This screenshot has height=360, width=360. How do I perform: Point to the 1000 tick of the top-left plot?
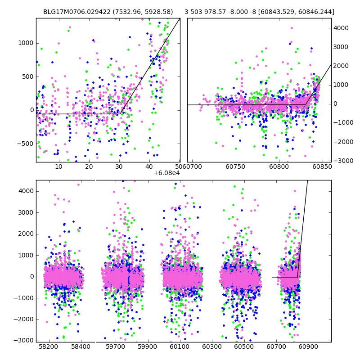pos(27,43)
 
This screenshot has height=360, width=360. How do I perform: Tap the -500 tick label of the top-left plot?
pos(26,144)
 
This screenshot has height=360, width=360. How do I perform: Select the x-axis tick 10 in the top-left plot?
pos(58,167)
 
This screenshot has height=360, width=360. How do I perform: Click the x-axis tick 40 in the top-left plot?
pos(149,167)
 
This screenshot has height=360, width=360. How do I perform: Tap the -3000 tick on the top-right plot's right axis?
pos(342,161)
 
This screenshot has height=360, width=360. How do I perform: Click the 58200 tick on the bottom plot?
pos(48,347)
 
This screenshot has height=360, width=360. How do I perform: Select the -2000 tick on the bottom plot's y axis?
pos(25,319)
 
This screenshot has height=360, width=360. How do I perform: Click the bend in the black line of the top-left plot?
pos(120,114)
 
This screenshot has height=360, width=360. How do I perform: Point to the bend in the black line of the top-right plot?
pos(305,105)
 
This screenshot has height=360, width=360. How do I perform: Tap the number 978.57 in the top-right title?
pos(217,12)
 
